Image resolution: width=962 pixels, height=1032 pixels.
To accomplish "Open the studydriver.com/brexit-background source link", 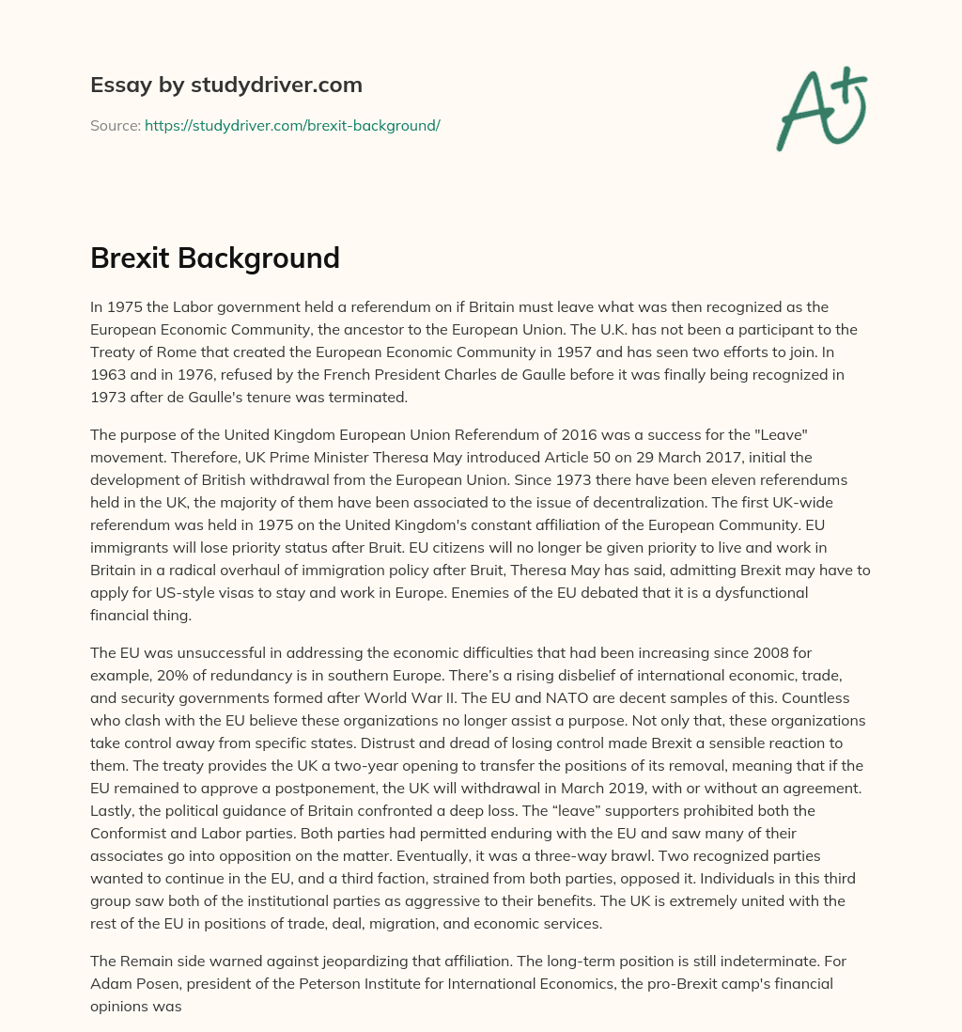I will click(x=292, y=125).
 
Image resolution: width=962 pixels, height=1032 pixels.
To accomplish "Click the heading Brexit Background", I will click(x=214, y=258).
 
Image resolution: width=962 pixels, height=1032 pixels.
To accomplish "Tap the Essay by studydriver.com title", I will click(x=225, y=85).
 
